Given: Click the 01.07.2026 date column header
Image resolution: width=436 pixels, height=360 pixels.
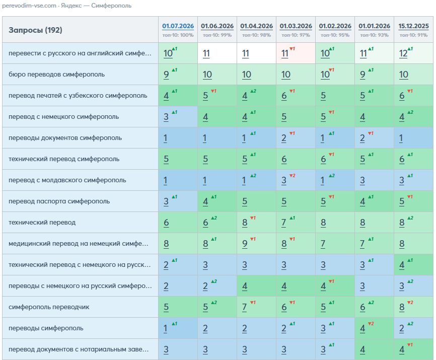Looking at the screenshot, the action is tap(178, 26).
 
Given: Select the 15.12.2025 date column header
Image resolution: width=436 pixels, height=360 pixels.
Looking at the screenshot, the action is tap(413, 26).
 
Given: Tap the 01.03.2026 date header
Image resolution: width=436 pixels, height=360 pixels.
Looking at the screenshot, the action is tap(296, 26).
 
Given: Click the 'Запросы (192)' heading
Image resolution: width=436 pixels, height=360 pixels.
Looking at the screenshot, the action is tap(35, 30).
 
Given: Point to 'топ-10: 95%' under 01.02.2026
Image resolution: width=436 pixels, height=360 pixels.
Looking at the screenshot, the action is tap(335, 35).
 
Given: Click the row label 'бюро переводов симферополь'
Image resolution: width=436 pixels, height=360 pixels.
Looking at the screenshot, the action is tap(57, 75).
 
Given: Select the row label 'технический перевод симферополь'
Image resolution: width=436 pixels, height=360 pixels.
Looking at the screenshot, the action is tap(64, 159).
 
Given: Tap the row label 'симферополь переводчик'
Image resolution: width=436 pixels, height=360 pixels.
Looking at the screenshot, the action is tap(49, 307).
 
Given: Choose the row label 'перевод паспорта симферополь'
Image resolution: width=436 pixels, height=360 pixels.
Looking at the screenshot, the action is tap(59, 201).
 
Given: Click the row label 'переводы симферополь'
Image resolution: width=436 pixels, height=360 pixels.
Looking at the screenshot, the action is tap(46, 328).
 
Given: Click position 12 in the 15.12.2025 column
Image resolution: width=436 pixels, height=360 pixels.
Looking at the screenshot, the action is tap(403, 53).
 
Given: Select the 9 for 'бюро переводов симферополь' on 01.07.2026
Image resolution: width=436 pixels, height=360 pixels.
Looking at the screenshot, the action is tap(166, 75).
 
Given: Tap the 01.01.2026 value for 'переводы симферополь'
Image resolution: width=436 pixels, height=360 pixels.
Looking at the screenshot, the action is tap(362, 328).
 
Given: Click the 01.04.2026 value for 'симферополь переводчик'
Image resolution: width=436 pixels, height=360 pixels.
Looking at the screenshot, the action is tap(245, 307).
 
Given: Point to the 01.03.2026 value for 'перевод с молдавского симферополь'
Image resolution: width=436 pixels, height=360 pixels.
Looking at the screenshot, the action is tap(284, 180).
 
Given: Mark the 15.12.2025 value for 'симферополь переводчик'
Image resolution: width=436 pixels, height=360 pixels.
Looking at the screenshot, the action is tap(402, 307).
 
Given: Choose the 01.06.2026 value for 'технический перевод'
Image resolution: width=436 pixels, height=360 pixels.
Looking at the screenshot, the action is tap(205, 223).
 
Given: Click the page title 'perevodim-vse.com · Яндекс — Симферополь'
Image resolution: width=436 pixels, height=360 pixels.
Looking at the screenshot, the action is tap(67, 6).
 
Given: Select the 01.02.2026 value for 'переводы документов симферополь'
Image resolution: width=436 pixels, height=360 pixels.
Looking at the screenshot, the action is tap(323, 138).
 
